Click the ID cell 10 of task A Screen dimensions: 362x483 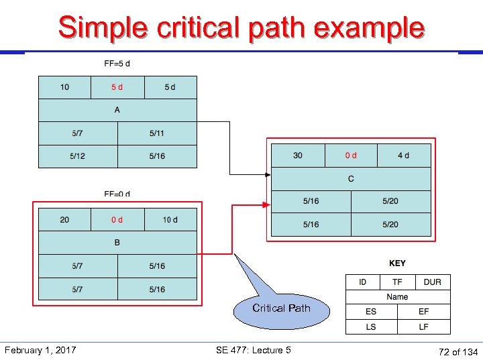(x=64, y=87)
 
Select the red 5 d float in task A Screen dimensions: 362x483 (x=117, y=87)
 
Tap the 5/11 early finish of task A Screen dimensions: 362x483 (x=157, y=133)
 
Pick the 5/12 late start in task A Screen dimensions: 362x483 (x=78, y=156)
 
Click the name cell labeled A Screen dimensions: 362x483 (x=117, y=110)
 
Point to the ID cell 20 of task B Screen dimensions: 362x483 (x=64, y=220)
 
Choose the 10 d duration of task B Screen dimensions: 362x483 (x=170, y=220)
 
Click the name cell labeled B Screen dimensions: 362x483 (x=117, y=243)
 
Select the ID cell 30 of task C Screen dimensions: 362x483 (x=298, y=156)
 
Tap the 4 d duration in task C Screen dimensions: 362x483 (x=403, y=156)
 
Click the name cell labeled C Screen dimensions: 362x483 (x=351, y=179)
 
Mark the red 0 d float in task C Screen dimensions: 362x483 (x=351, y=156)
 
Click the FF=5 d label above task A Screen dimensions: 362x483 (x=117, y=64)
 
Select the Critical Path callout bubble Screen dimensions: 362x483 (x=281, y=309)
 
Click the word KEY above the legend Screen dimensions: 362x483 (x=397, y=263)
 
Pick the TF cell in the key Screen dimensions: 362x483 (x=397, y=282)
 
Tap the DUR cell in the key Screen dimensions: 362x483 (x=433, y=282)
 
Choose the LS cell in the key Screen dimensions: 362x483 (x=371, y=327)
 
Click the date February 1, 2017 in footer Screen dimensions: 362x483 (x=40, y=350)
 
